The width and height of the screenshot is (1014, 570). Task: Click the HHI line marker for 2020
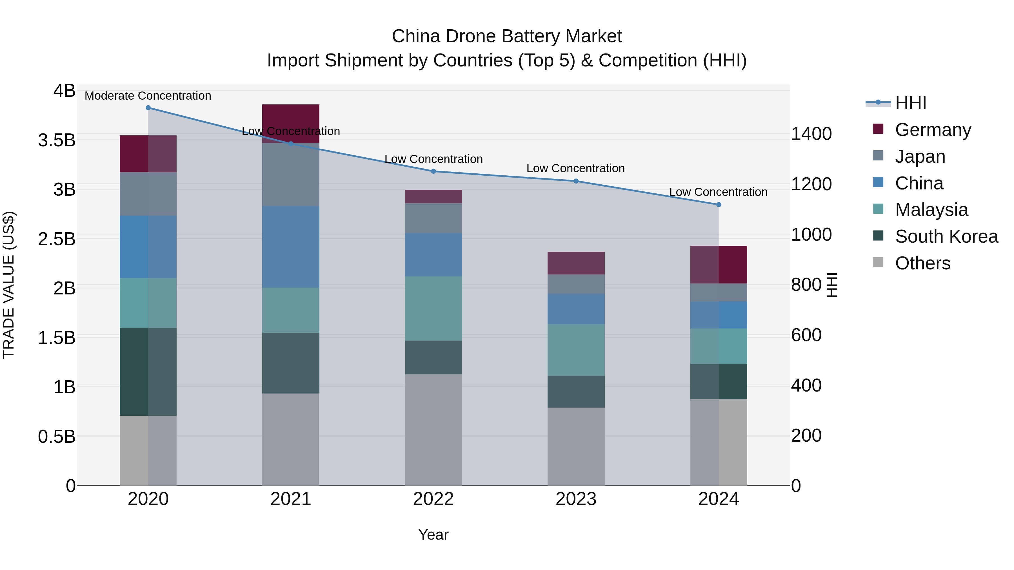(148, 108)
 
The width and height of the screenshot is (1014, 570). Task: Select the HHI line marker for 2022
(433, 171)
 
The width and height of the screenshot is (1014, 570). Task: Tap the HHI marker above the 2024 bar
(718, 205)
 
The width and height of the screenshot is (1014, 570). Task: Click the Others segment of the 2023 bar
(576, 446)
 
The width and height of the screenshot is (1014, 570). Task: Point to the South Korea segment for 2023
(576, 392)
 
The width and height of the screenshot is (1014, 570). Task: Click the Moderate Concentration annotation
(148, 96)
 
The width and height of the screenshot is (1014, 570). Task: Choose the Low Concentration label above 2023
(575, 168)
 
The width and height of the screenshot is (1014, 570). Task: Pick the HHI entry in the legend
(910, 103)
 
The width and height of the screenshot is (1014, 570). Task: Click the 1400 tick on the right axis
(811, 134)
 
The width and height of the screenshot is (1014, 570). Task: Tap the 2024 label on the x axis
(718, 499)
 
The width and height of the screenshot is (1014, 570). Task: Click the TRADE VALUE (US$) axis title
(9, 285)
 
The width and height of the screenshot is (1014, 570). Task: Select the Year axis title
(433, 535)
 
